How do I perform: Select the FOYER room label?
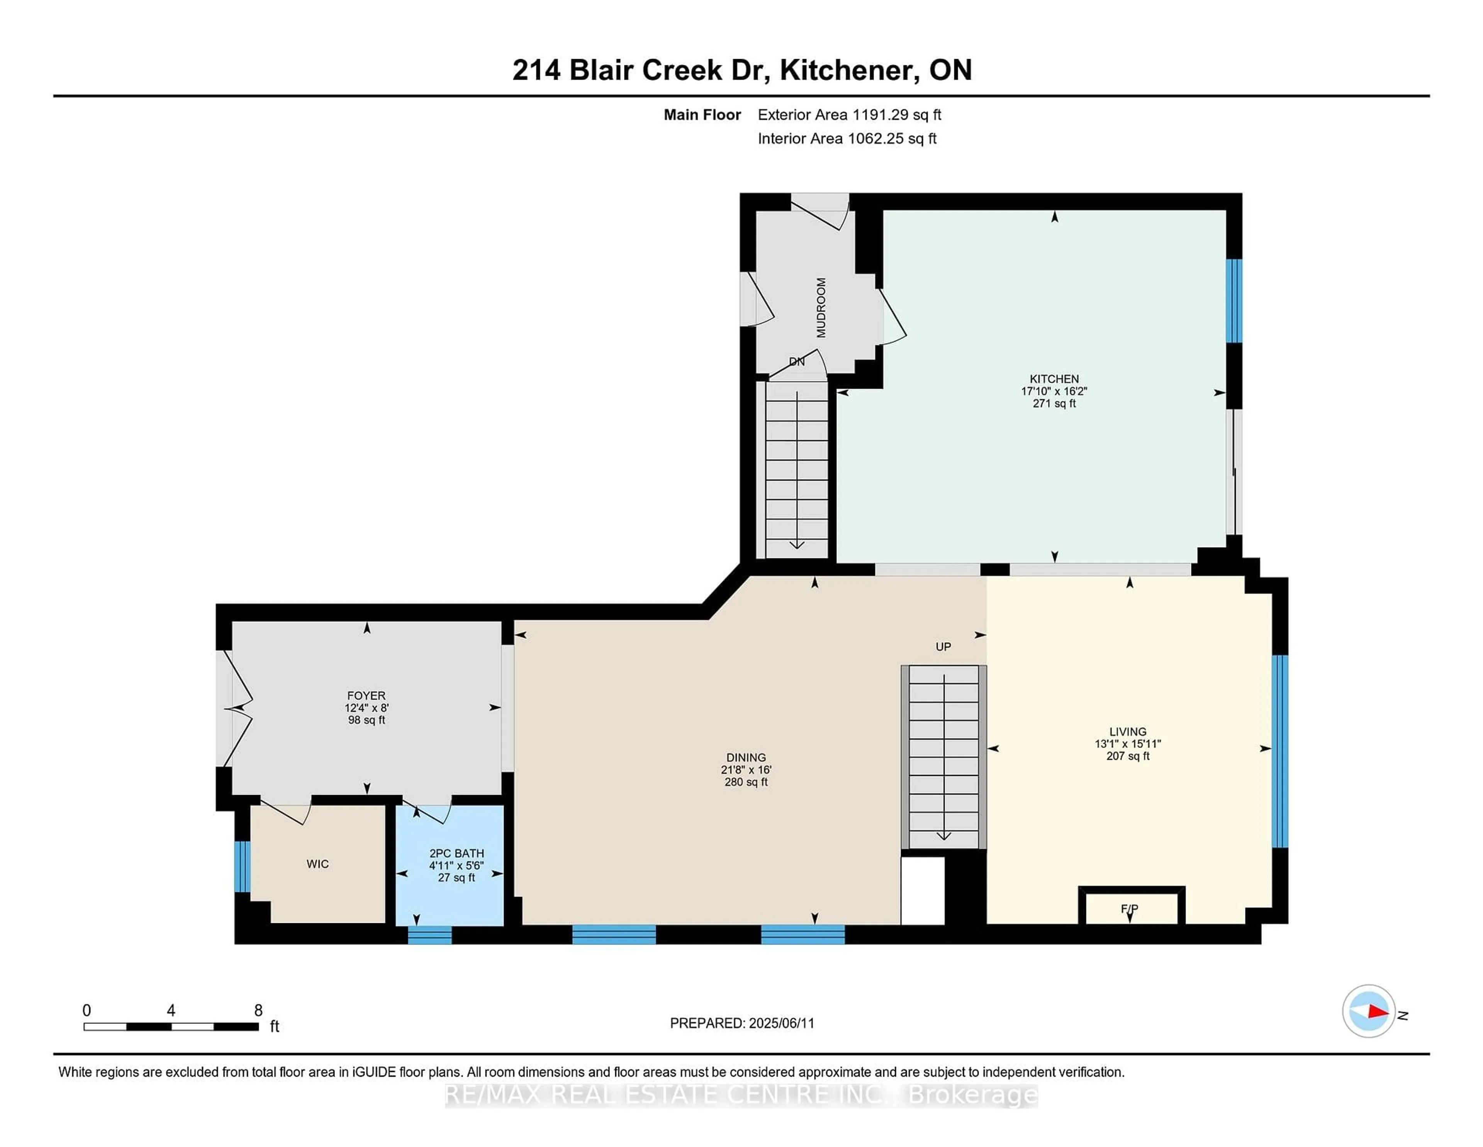366,696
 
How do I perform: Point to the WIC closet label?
317,864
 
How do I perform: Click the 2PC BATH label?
456,853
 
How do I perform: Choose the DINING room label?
746,757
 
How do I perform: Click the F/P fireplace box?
1131,906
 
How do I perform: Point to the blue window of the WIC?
243,866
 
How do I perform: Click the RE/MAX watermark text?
741,1095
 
